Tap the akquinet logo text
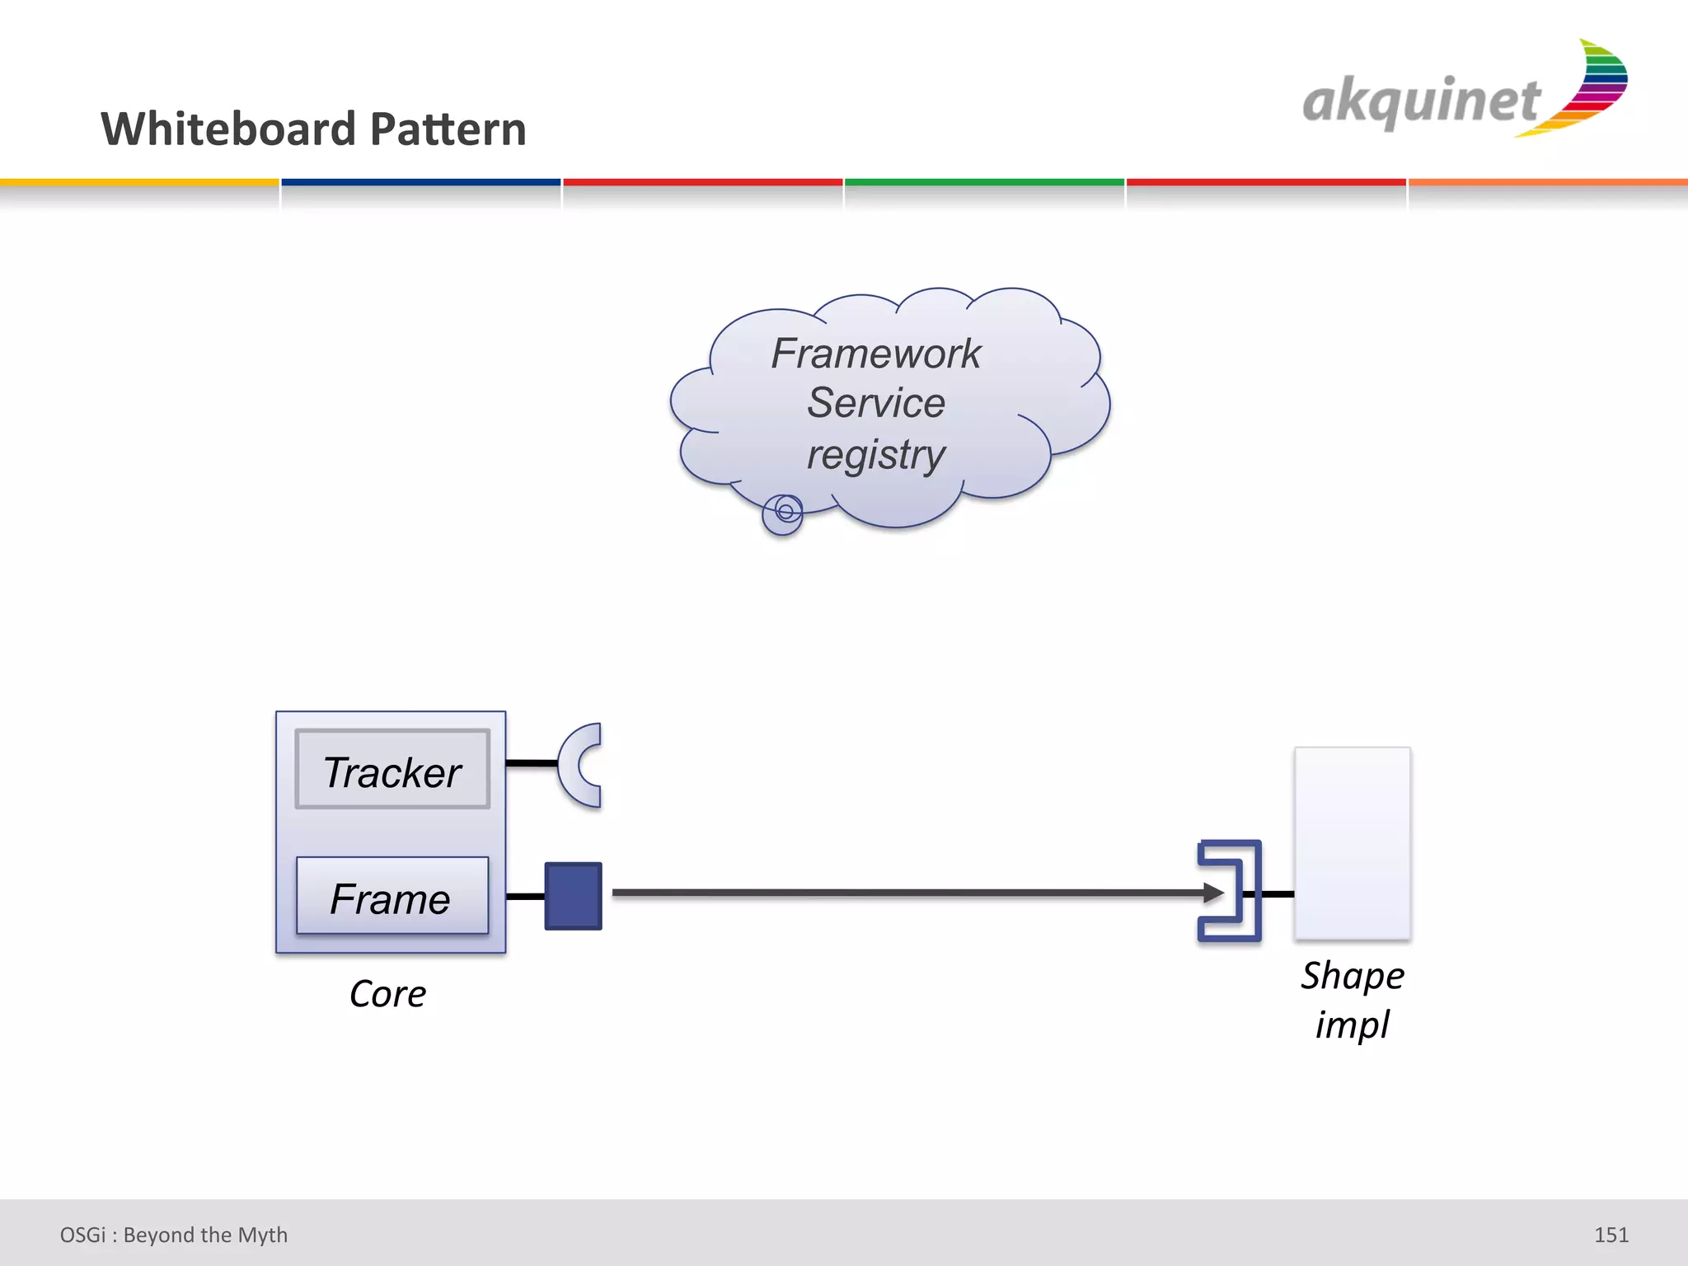[x=1420, y=102]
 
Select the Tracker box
[x=392, y=770]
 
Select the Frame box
[x=392, y=896]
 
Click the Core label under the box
[x=387, y=994]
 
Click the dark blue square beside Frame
[x=573, y=896]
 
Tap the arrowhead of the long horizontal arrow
[x=1213, y=893]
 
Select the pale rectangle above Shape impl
[x=1352, y=842]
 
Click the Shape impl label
[x=1352, y=999]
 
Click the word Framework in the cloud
[x=875, y=354]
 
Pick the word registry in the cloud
[x=875, y=455]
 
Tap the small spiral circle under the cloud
[x=783, y=513]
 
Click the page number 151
[x=1611, y=1235]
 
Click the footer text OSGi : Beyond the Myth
[x=174, y=1235]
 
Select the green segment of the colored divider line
[x=984, y=182]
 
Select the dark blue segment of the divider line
[x=420, y=182]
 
